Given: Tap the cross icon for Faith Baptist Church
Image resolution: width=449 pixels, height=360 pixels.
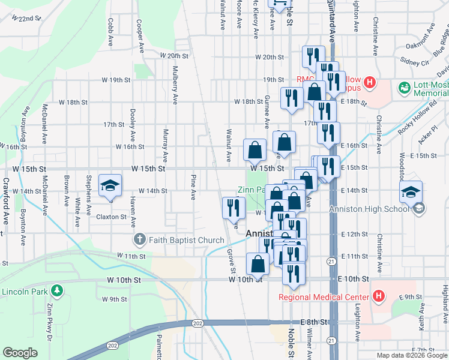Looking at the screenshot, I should click(139, 240).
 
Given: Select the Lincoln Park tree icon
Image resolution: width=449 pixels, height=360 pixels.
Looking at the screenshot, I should click(57, 291).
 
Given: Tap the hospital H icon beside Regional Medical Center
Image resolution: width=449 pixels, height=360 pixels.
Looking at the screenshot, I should click(378, 296).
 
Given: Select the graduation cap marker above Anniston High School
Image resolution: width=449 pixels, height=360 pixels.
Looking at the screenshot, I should click(411, 191).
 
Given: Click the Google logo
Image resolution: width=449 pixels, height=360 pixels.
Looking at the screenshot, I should click(20, 353).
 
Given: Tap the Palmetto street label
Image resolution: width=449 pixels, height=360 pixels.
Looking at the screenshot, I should click(160, 345).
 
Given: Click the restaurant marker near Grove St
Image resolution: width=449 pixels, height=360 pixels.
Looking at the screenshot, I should click(234, 207).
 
